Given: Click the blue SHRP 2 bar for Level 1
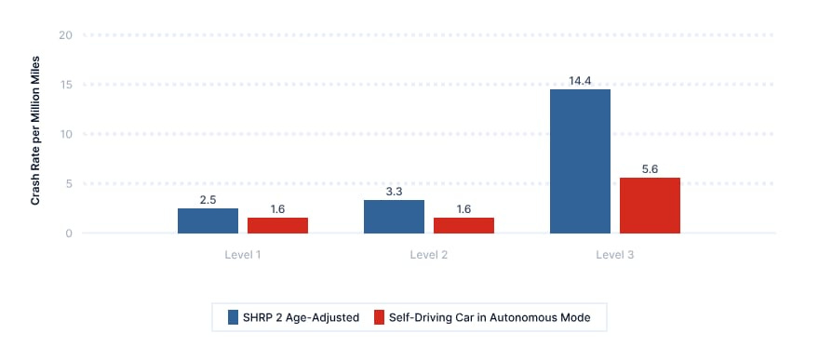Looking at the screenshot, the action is pyautogui.click(x=208, y=220).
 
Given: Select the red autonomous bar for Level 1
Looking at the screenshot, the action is pyautogui.click(x=277, y=225).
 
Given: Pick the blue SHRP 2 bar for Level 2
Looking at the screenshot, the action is pyautogui.click(x=394, y=217).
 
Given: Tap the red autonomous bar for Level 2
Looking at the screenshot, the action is pyautogui.click(x=463, y=225).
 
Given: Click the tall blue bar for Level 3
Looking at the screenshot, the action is pyautogui.click(x=581, y=161).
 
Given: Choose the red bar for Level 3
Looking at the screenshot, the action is pyautogui.click(x=650, y=206).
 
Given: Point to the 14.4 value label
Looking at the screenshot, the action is pyautogui.click(x=581, y=81).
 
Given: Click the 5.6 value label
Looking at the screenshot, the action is pyautogui.click(x=650, y=169).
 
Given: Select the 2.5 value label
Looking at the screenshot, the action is pyautogui.click(x=208, y=200).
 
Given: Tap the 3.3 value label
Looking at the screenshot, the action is pyautogui.click(x=394, y=192).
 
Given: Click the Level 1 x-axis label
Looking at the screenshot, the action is pyautogui.click(x=243, y=255).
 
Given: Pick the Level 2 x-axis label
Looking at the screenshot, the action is pyautogui.click(x=429, y=255).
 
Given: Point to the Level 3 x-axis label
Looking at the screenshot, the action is pyautogui.click(x=615, y=255).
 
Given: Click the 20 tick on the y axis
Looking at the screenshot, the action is pyautogui.click(x=66, y=35).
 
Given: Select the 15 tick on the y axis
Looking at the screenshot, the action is pyautogui.click(x=66, y=85).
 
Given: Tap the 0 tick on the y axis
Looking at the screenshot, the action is pyautogui.click(x=69, y=233).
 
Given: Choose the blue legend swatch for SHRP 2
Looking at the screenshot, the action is pyautogui.click(x=233, y=317).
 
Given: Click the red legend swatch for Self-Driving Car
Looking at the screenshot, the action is pyautogui.click(x=379, y=317).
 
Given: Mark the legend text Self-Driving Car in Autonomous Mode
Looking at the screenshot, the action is pyautogui.click(x=490, y=317).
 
